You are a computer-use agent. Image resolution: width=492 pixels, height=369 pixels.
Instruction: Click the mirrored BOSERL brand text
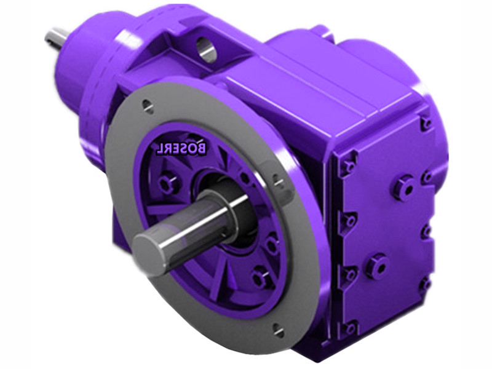point(181,149)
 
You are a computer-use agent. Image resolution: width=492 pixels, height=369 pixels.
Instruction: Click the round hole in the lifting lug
point(207,47)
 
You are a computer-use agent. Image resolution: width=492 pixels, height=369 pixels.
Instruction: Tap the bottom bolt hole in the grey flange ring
point(276,328)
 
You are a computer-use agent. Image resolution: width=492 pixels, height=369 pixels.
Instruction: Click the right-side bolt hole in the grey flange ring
point(278,181)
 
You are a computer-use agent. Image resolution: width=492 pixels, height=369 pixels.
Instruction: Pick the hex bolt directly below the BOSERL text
point(165,183)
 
